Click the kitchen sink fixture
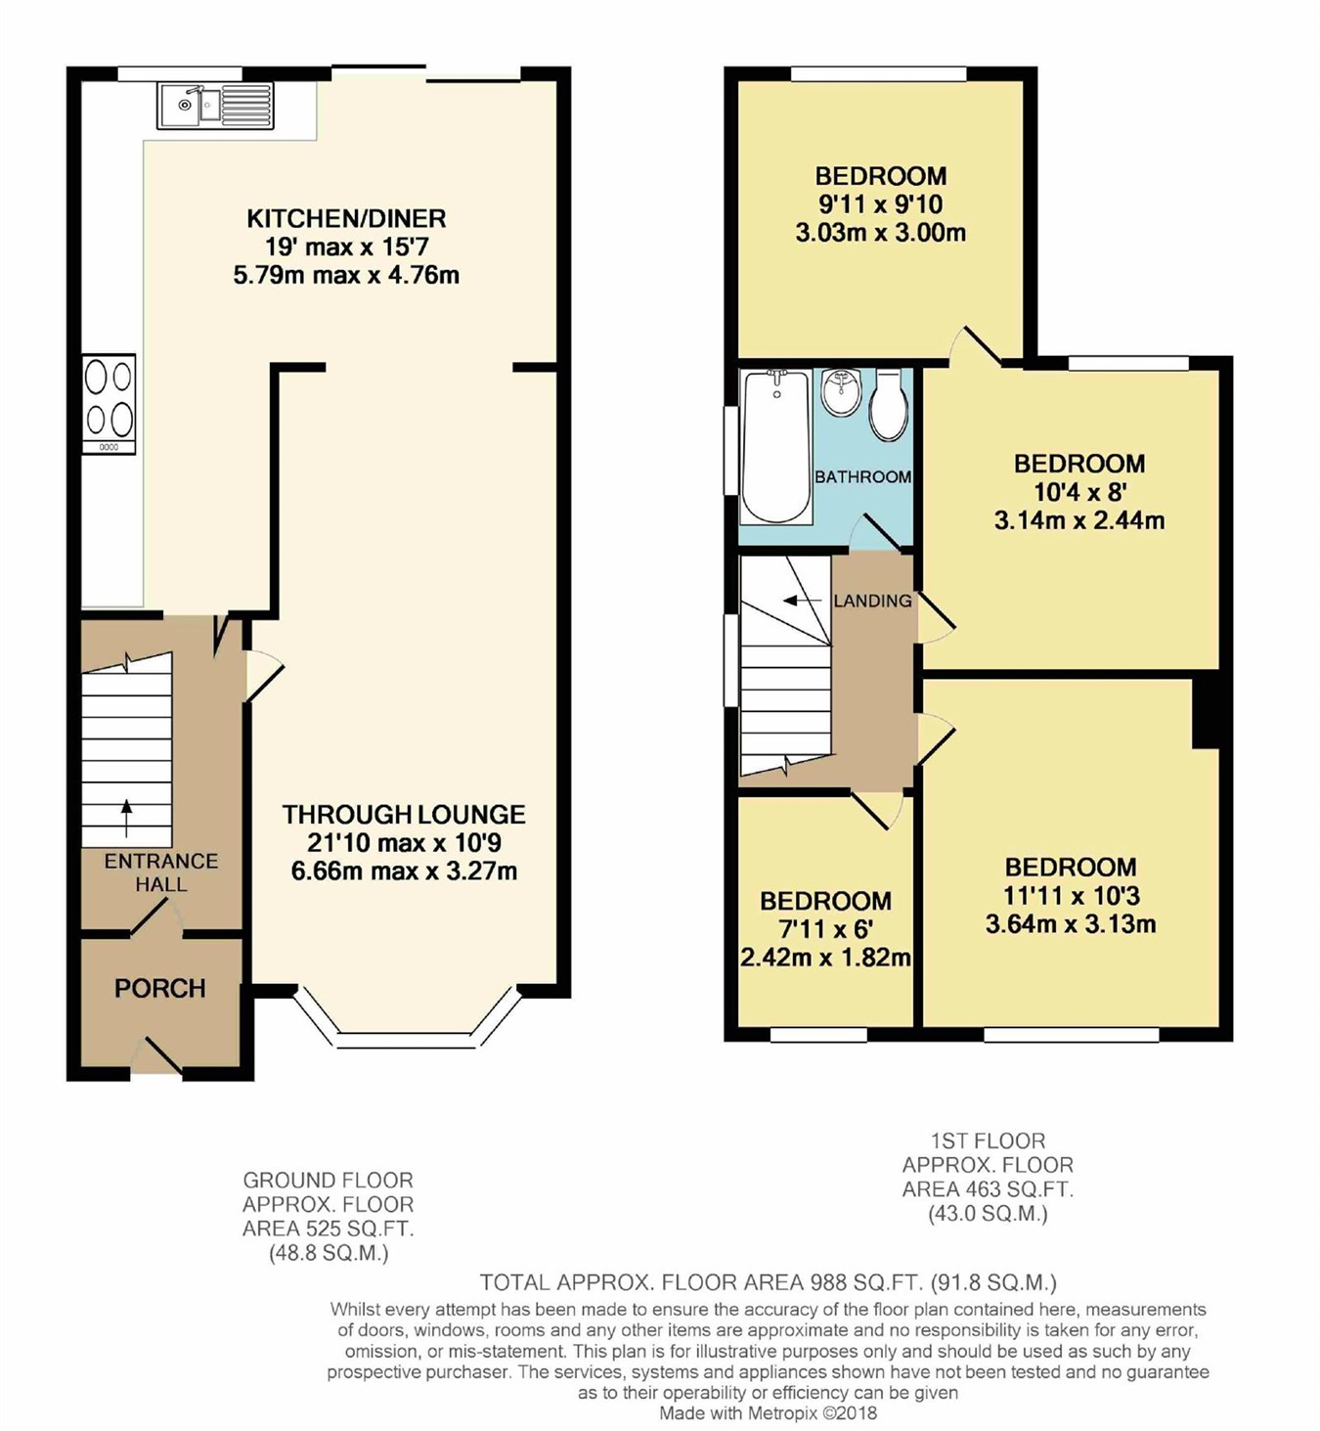[215, 105]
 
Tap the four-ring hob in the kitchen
[110, 404]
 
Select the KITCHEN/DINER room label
[346, 218]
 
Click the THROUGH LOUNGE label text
[404, 814]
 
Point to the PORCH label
[160, 988]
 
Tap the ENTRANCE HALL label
[161, 872]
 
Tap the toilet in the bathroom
[888, 405]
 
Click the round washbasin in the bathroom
[840, 392]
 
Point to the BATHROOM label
[862, 476]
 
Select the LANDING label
[872, 601]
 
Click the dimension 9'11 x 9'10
[881, 204]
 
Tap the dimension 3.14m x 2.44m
[1079, 520]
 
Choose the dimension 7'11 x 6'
[825, 929]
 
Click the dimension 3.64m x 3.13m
[1071, 923]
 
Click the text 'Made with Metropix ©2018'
[768, 1412]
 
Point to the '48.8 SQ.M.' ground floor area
[329, 1253]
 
